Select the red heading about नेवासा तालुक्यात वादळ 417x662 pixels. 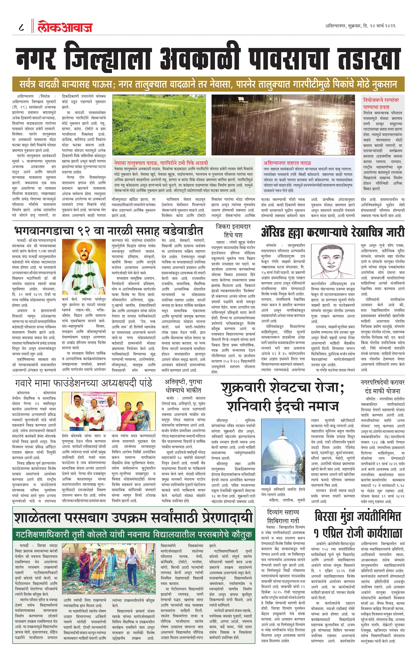coord(161,163)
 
